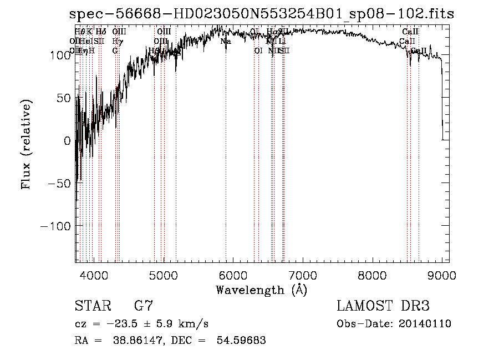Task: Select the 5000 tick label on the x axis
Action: [x=163, y=276]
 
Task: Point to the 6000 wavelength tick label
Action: [x=233, y=276]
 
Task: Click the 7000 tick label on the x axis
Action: [x=303, y=276]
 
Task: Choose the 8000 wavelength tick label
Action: [x=373, y=276]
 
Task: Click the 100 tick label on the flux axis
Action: [x=59, y=55]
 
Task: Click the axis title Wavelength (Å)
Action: [x=261, y=290]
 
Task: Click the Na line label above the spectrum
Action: [x=226, y=42]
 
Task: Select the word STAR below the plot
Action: [x=92, y=306]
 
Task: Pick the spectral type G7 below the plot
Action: [x=143, y=306]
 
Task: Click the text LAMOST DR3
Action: [x=383, y=306]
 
